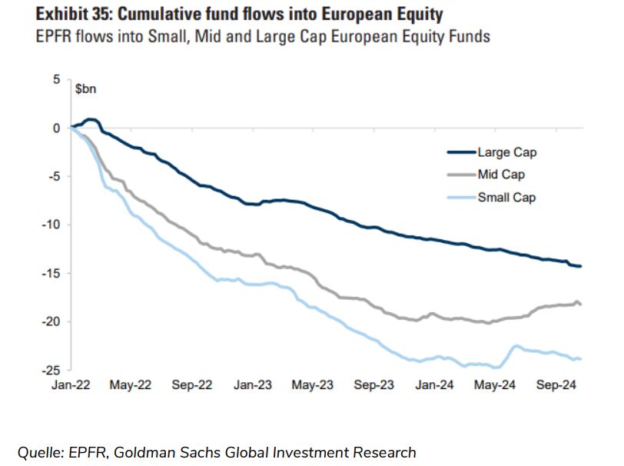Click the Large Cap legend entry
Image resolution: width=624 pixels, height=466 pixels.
tap(506, 152)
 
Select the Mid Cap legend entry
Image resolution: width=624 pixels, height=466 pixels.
tap(501, 175)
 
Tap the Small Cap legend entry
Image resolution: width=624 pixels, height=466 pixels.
tap(506, 198)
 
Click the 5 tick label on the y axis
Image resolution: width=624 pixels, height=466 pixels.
tap(55, 80)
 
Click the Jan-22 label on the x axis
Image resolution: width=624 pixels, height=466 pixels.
tap(71, 384)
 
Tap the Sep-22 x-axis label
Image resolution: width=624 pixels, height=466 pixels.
tap(192, 384)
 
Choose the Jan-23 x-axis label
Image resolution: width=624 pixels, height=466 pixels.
tap(254, 384)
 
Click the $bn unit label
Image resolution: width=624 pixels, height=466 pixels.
tap(86, 88)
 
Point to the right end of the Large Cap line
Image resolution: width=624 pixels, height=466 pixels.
tap(581, 266)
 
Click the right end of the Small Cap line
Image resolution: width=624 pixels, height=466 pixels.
tap(581, 358)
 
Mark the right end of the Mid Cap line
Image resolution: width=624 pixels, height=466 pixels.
tap(581, 305)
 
